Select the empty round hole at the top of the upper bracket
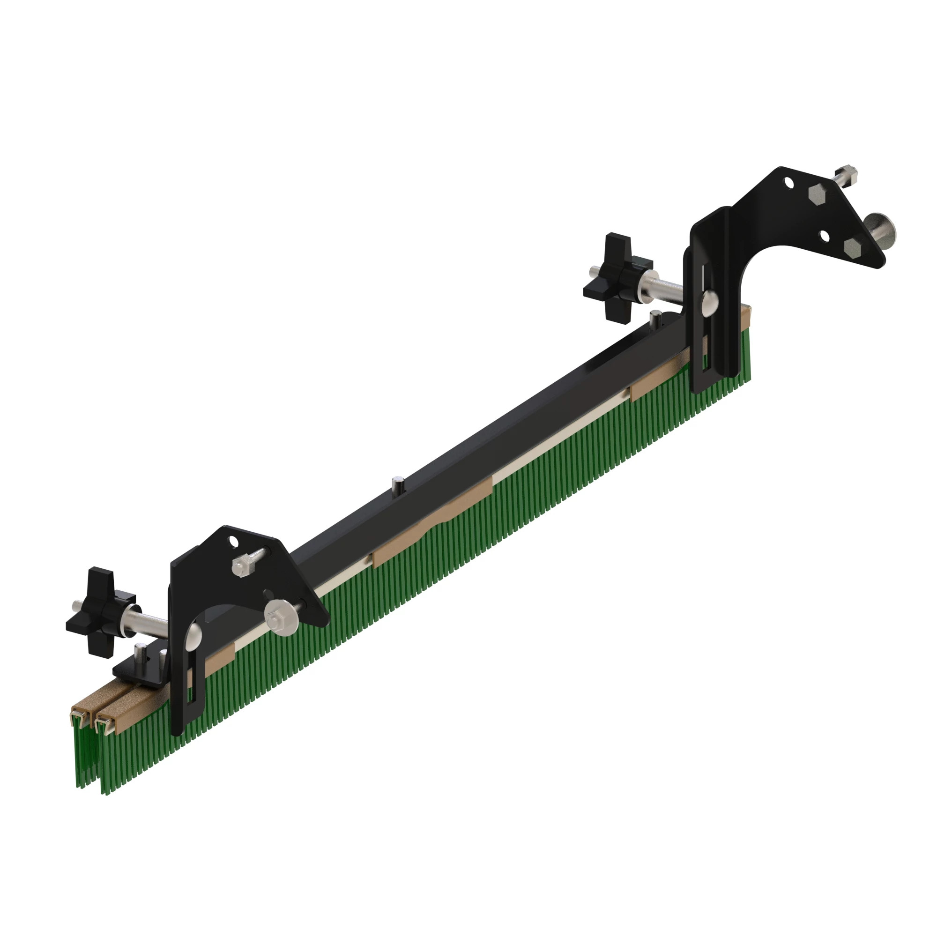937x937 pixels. (789, 183)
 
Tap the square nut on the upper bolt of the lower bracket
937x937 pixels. (240, 565)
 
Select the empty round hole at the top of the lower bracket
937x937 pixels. (234, 540)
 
